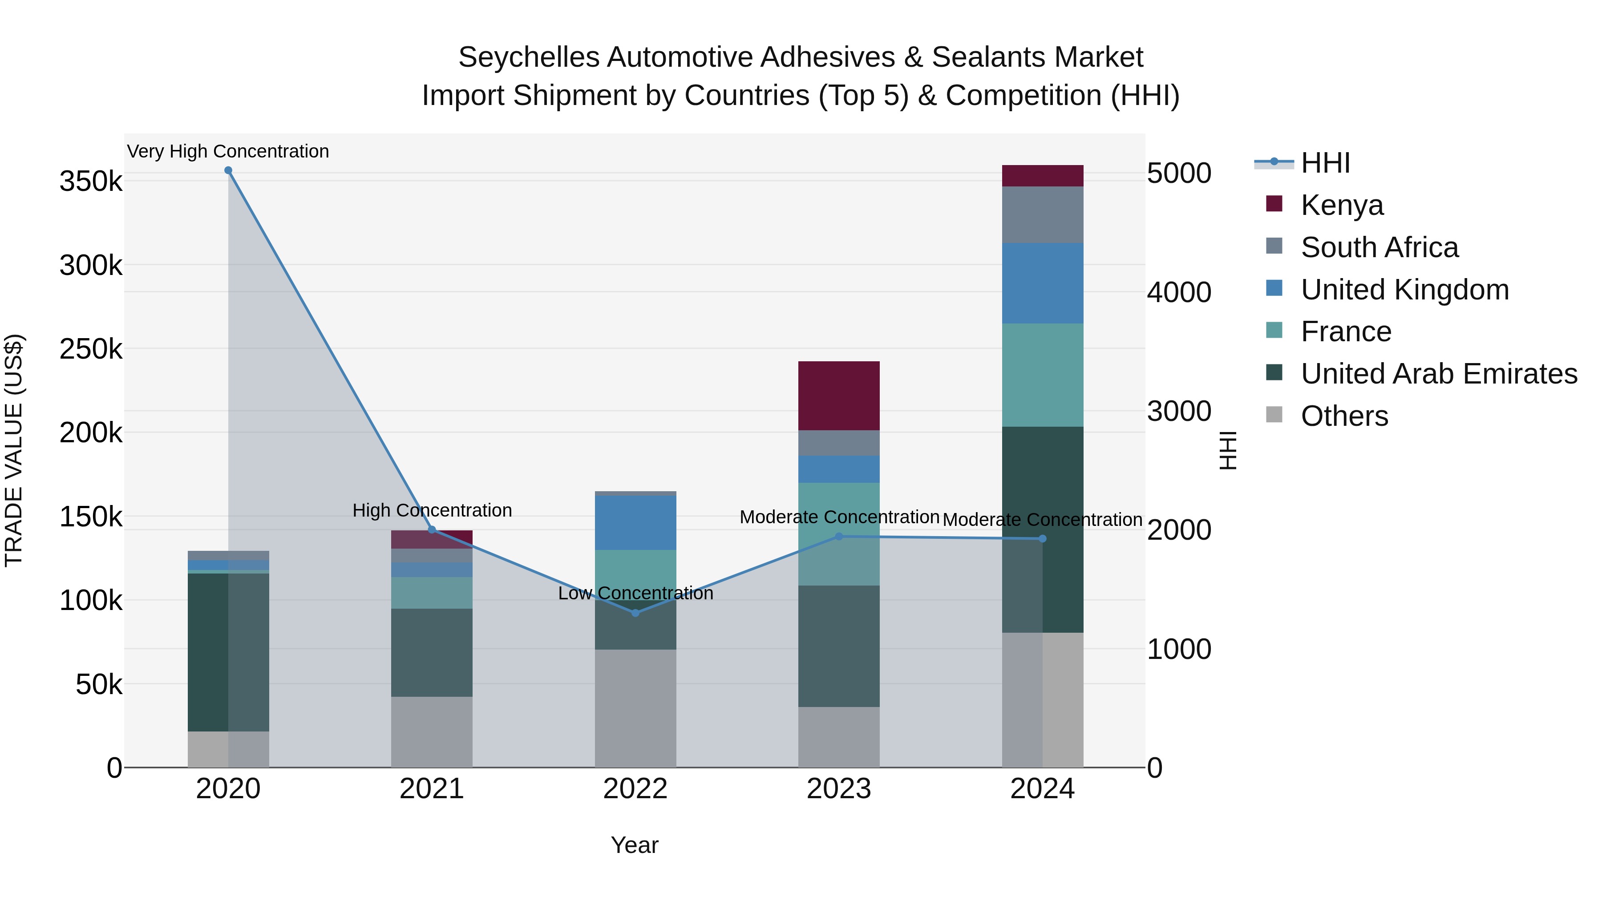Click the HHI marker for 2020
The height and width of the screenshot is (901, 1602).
click(228, 170)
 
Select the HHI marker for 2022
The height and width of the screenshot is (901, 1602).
click(635, 613)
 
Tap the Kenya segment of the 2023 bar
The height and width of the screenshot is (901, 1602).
click(838, 396)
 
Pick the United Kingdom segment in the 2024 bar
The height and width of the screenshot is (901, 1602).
click(1042, 283)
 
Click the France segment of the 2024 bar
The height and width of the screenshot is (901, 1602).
click(1042, 375)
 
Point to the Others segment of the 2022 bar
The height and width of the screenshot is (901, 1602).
click(635, 708)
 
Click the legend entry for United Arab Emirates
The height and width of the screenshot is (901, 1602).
click(1438, 374)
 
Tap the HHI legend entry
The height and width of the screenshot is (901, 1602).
click(1325, 163)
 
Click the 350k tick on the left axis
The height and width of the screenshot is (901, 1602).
click(91, 182)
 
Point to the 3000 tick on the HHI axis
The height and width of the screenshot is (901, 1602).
click(1178, 411)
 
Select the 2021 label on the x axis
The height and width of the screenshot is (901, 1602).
click(432, 789)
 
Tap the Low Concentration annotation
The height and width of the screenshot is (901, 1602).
click(635, 593)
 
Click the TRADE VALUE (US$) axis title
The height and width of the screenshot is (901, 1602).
click(14, 450)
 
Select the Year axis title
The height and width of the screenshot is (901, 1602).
click(634, 845)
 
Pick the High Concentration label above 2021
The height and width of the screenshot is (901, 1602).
click(432, 510)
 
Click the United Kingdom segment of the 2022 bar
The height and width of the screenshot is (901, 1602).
click(635, 522)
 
